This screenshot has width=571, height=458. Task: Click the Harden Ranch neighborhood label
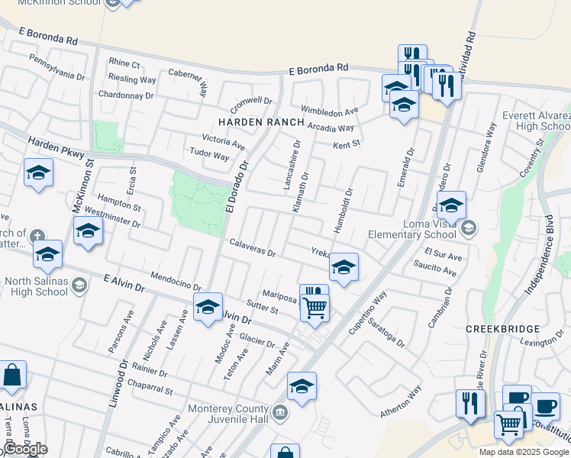[261, 122]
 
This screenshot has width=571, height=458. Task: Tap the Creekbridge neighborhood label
[502, 328]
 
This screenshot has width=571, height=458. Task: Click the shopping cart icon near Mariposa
[315, 308]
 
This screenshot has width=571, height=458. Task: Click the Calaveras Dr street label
[252, 248]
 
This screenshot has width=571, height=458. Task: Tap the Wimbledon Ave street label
[329, 110]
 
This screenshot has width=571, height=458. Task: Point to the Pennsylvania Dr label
[57, 66]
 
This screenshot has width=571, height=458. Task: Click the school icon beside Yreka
[344, 267]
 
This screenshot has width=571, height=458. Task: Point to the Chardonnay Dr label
[126, 95]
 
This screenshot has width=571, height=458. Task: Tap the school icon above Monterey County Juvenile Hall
[302, 386]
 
